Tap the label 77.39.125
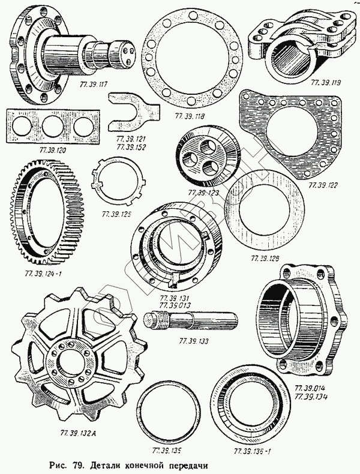pyautogui.click(x=118, y=213)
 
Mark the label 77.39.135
pyautogui.click(x=167, y=449)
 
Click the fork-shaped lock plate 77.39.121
pyautogui.click(x=133, y=112)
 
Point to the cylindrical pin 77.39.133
pyautogui.click(x=198, y=323)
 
